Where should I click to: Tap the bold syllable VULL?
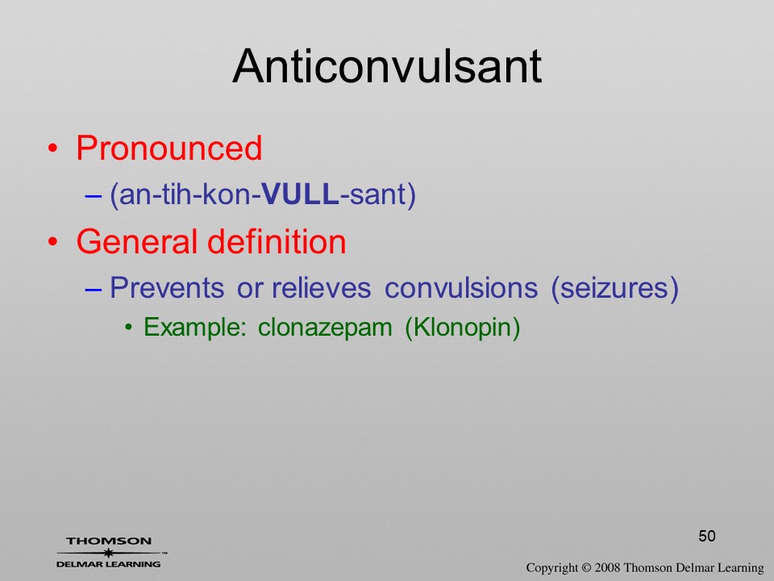[300, 194]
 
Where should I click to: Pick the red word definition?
[277, 241]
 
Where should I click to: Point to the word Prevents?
[167, 287]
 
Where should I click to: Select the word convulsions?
[461, 287]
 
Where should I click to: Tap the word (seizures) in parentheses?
[614, 289]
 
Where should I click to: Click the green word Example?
[194, 327]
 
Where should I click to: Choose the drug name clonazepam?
[325, 328]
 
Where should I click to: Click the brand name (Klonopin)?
[463, 328]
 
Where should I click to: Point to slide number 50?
[707, 536]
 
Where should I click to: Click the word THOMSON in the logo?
[109, 541]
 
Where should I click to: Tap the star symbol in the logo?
[109, 553]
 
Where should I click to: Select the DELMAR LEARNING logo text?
[109, 564]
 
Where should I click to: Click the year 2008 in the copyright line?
[608, 568]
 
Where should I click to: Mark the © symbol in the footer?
[586, 568]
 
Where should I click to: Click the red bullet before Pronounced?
[53, 148]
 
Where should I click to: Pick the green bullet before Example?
[129, 328]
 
